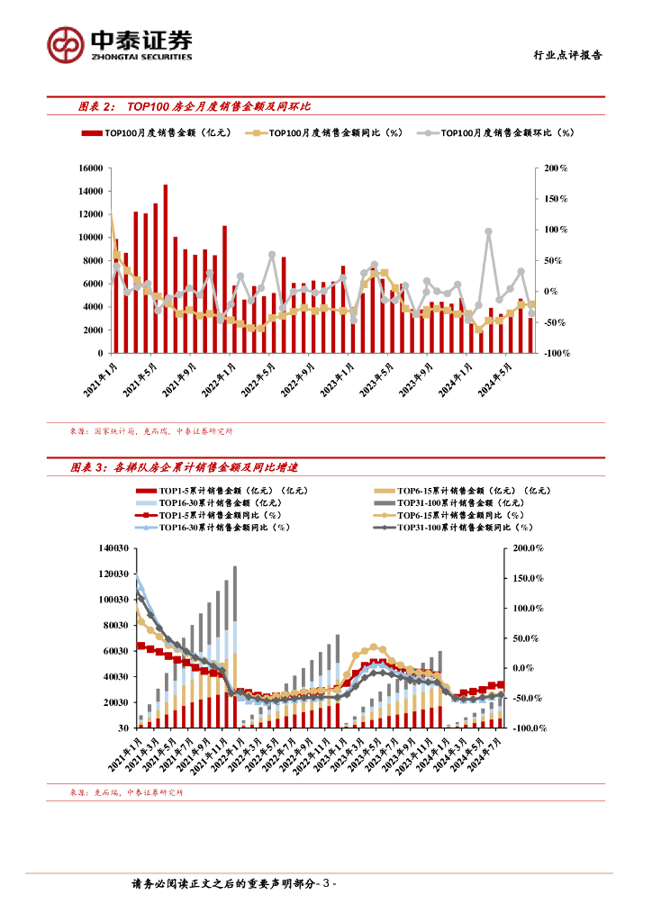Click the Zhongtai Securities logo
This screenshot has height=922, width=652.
pyautogui.click(x=120, y=43)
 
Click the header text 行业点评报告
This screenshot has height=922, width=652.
pyautogui.click(x=564, y=55)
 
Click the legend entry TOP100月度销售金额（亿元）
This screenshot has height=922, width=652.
pyautogui.click(x=158, y=132)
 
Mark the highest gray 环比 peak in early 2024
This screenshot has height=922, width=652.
pyautogui.click(x=488, y=231)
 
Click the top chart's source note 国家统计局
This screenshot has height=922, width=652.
pyautogui.click(x=115, y=431)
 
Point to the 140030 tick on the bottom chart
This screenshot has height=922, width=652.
pyautogui.click(x=115, y=547)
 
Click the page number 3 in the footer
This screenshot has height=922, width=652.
pyautogui.click(x=330, y=884)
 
